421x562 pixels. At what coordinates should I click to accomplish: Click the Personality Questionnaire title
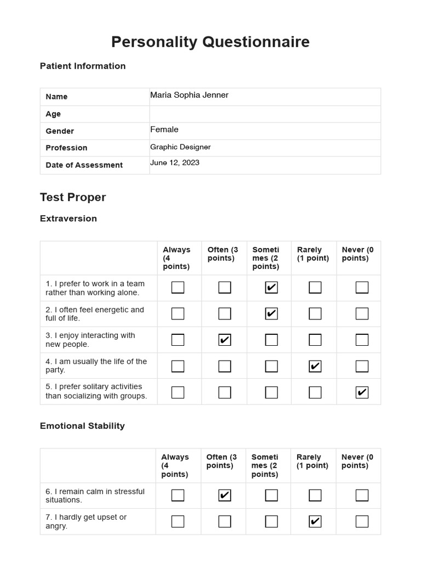[x=210, y=42]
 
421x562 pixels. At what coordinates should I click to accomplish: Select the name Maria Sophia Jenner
[x=189, y=95]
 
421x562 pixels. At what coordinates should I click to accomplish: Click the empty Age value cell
[x=265, y=114]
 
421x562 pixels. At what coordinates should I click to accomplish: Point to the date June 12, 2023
[x=175, y=163]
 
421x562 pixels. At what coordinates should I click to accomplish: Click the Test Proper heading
[x=73, y=197]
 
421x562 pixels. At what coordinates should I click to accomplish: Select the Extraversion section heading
[x=69, y=218]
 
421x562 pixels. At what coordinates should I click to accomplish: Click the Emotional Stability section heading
[x=82, y=426]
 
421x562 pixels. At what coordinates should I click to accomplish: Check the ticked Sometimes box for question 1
[x=271, y=288]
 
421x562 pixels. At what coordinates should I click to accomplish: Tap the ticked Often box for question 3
[x=225, y=340]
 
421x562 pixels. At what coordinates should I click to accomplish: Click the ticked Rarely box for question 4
[x=315, y=366]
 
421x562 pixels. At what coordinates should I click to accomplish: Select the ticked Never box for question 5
[x=362, y=392]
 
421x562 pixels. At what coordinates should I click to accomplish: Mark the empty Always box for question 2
[x=178, y=314]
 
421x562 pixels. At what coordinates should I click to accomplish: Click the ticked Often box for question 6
[x=225, y=496]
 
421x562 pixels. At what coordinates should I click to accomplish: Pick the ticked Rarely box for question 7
[x=315, y=521]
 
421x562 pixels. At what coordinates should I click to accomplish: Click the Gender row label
[x=60, y=131]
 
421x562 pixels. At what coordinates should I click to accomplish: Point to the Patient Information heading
[x=83, y=66]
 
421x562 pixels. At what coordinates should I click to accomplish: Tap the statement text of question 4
[x=96, y=366]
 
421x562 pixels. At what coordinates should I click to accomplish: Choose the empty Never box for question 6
[x=362, y=496]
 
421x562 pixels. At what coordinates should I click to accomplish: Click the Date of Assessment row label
[x=84, y=165]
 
